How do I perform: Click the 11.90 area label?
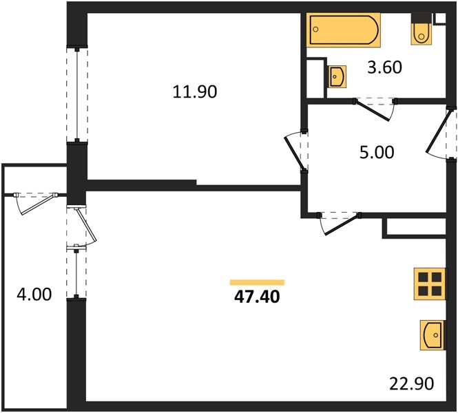tap(195, 91)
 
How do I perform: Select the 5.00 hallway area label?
tap(377, 151)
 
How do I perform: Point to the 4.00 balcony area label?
tap(34, 295)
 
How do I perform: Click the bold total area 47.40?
tap(257, 297)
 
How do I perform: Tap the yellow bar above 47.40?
tap(257, 282)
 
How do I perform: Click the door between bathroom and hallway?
tap(375, 107)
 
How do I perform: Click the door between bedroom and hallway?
tap(298, 149)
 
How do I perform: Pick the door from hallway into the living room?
tap(340, 222)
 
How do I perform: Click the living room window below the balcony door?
tap(76, 274)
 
